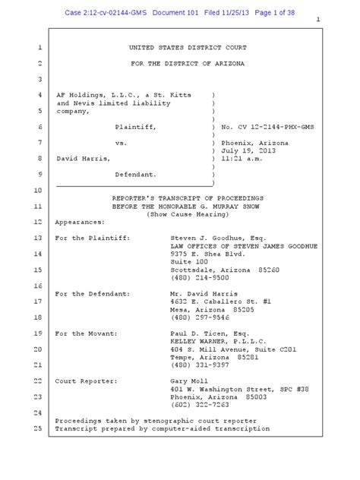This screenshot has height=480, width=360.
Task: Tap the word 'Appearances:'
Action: [83, 223]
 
